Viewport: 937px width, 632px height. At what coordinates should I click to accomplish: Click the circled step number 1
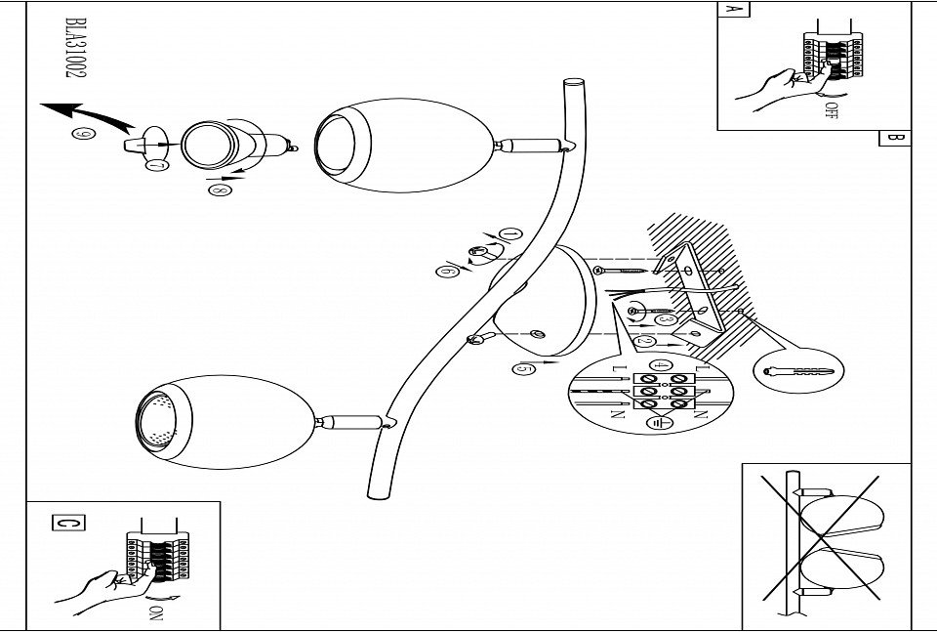[x=509, y=234]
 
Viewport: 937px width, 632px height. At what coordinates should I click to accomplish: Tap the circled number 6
[x=448, y=272]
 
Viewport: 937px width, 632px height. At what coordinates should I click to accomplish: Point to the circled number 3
[x=667, y=318]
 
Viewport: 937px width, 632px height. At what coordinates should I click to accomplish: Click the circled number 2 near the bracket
[x=645, y=342]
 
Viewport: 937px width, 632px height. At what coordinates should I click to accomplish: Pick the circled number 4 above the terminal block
[x=661, y=366]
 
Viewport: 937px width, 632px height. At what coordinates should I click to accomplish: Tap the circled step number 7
[x=156, y=166]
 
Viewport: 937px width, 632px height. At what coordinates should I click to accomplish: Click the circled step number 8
[x=217, y=190]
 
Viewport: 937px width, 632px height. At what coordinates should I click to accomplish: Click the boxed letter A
[x=732, y=10]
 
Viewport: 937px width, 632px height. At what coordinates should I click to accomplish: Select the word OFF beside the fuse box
[x=832, y=109]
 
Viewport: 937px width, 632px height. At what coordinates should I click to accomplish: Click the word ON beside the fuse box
[x=157, y=613]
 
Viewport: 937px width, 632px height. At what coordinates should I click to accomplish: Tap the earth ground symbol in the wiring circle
[x=657, y=422]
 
